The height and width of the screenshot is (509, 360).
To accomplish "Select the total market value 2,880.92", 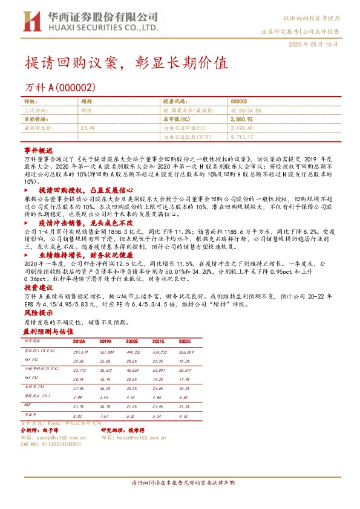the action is click(x=241, y=120).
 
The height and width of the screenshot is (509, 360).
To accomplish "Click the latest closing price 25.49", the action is click(x=88, y=128).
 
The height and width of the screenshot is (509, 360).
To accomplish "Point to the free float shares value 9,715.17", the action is click(x=242, y=137).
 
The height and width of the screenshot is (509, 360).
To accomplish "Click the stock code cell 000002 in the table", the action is click(x=239, y=103).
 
